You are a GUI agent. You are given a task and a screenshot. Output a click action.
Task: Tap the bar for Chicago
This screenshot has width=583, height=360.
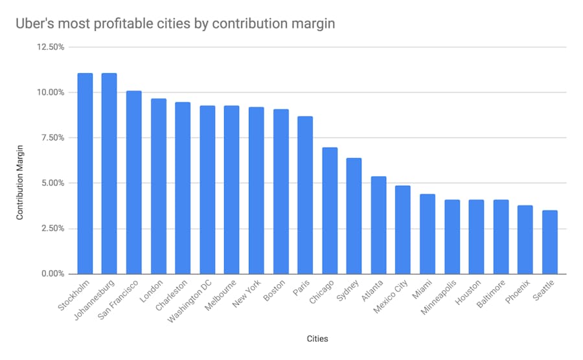click(330, 210)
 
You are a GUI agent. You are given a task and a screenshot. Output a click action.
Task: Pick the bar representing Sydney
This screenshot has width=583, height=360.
click(354, 216)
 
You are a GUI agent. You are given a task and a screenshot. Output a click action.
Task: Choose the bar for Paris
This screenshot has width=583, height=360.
click(305, 195)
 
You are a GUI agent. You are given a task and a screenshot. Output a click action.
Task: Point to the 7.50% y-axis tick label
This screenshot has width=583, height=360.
click(51, 138)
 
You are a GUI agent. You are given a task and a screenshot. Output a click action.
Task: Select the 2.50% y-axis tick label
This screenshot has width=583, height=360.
click(51, 229)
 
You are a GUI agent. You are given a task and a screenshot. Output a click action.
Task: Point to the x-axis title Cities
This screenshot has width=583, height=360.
click(318, 338)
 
